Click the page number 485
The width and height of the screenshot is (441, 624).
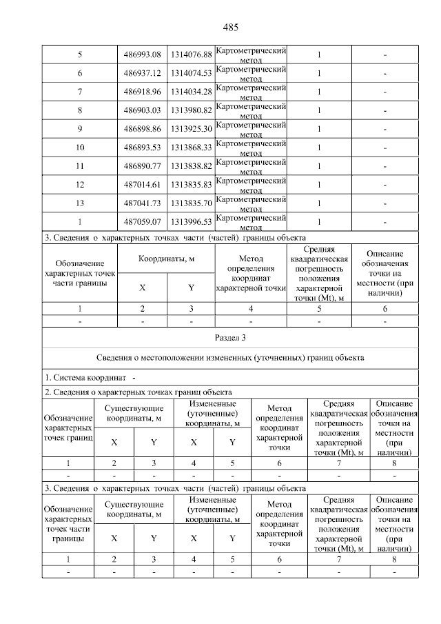click(x=230, y=28)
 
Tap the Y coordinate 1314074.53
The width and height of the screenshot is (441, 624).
click(x=191, y=73)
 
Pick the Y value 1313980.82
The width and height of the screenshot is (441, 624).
click(x=191, y=110)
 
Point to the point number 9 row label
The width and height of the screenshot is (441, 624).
click(x=80, y=129)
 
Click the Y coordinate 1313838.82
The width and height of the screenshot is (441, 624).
click(x=191, y=166)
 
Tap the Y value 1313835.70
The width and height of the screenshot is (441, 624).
click(x=191, y=203)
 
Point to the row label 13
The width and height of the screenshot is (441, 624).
click(x=80, y=203)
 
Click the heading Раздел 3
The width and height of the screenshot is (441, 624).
click(x=230, y=338)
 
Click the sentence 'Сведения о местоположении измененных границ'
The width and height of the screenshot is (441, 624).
click(x=230, y=357)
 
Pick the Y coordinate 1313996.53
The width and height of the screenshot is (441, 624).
click(x=191, y=222)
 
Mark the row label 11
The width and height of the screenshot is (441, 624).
click(x=80, y=166)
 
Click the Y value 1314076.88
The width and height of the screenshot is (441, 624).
click(x=191, y=54)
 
